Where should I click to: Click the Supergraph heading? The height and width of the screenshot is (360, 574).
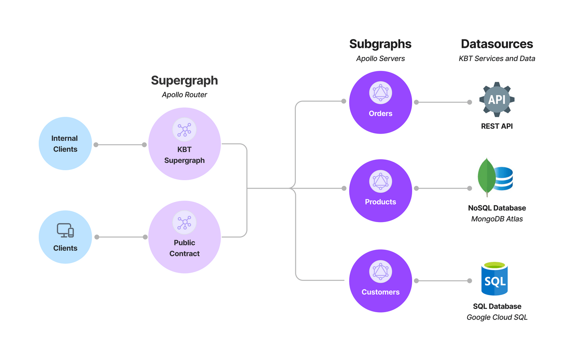point(184,81)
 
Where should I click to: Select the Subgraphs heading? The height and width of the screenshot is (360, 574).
point(380,44)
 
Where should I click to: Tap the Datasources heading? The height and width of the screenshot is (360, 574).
point(497,44)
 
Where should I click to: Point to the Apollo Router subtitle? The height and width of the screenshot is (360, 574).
point(184,95)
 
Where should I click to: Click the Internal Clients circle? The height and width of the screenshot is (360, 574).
point(65,144)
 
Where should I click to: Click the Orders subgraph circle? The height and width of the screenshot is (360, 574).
point(380,102)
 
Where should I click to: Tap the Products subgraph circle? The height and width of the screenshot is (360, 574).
point(380,191)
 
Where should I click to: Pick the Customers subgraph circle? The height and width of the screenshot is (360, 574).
point(380,281)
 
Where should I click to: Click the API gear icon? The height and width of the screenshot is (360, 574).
point(497,100)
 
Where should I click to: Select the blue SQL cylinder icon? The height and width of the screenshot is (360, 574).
point(495,279)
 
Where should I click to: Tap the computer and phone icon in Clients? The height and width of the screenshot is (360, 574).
point(65,230)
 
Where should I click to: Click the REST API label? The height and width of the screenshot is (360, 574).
point(497,126)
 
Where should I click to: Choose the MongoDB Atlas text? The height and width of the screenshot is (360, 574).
point(497,219)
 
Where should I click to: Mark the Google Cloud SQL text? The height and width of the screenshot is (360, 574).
point(497,317)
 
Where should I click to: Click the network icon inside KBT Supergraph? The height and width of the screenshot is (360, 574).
point(184,130)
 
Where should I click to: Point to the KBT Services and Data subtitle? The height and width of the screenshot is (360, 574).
point(497,59)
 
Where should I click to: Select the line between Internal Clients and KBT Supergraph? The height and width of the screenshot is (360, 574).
point(120,145)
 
